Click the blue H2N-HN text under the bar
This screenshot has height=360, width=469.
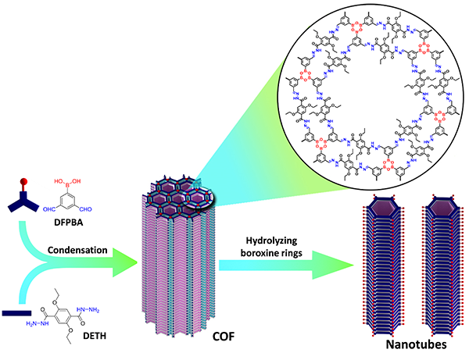pyautogui.click(x=38, y=323)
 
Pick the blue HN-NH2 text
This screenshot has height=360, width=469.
pyautogui.click(x=88, y=311)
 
